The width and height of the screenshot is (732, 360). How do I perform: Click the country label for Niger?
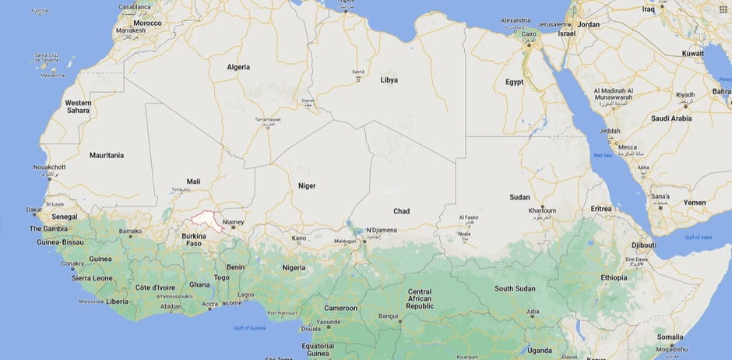(x=307, y=185)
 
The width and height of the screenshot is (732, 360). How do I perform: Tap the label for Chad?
(x=401, y=211)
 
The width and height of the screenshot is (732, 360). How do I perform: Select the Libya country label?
(x=389, y=80)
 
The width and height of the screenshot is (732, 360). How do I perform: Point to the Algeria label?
(x=238, y=67)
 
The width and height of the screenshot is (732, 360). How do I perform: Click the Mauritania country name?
(x=107, y=155)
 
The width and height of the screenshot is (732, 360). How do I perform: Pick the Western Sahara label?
(x=78, y=107)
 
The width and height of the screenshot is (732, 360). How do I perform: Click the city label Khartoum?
(x=543, y=210)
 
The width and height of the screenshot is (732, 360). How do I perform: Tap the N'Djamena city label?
(x=382, y=230)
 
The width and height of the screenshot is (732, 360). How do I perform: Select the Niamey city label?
(x=234, y=222)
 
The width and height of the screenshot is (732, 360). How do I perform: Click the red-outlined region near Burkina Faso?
(x=208, y=219)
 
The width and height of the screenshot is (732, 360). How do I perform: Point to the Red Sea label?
(x=603, y=155)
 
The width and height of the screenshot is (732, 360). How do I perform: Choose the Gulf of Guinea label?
(x=250, y=328)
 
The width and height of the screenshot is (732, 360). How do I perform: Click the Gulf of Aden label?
(x=698, y=236)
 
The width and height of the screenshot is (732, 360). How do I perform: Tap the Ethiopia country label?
(x=614, y=277)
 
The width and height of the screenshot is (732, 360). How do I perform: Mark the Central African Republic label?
(x=420, y=299)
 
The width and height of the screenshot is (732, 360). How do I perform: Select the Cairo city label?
(x=529, y=34)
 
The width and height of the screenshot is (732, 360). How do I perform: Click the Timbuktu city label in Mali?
(x=181, y=189)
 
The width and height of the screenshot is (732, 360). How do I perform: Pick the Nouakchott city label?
(x=50, y=167)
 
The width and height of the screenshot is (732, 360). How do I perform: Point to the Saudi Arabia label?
(x=670, y=118)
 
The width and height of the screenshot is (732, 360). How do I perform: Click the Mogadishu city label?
(x=671, y=348)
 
